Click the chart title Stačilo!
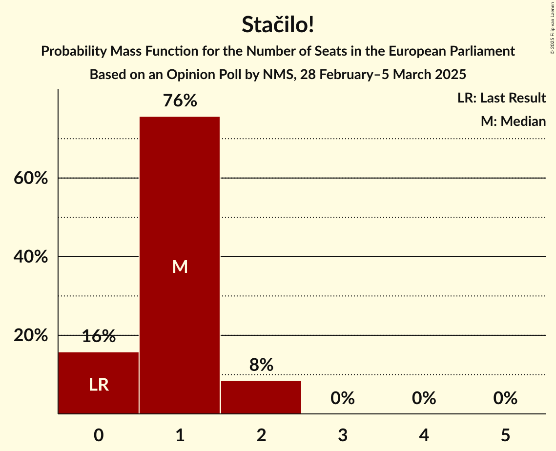(278, 25)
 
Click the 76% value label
(180, 101)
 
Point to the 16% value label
(99, 336)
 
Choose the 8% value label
(261, 365)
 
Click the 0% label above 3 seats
(342, 398)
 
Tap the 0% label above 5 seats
(505, 398)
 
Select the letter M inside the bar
(180, 266)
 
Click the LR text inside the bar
(99, 385)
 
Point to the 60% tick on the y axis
(31, 178)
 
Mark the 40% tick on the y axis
(31, 257)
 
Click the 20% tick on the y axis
(31, 336)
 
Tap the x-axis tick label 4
(424, 435)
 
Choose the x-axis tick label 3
(342, 435)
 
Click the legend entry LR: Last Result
(501, 98)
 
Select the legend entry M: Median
(513, 121)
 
